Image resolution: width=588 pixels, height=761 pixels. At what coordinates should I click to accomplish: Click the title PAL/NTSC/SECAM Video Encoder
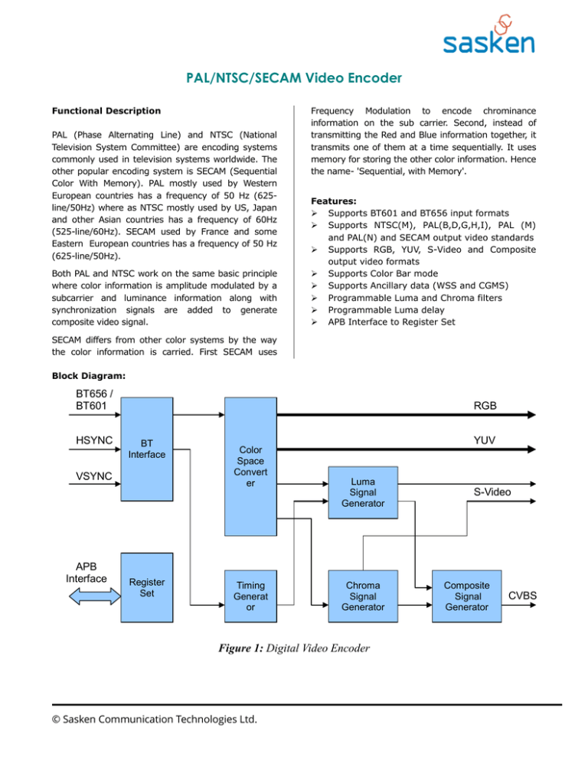294,78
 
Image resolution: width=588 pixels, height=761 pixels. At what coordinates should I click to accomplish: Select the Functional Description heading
112,111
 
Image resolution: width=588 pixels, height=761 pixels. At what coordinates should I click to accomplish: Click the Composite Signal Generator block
462,595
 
